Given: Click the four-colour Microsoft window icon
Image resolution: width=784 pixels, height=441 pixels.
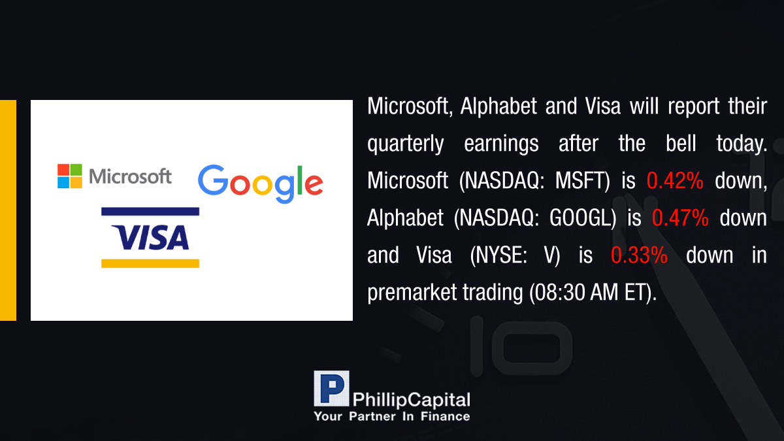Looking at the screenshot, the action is point(70,176).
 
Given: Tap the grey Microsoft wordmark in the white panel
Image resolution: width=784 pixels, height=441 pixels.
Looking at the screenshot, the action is point(130,176).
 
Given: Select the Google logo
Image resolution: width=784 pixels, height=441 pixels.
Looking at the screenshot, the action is point(261,184).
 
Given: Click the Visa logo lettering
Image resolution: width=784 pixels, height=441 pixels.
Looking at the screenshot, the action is point(150,238).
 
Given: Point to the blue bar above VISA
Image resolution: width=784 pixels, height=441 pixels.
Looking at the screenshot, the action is point(150,212).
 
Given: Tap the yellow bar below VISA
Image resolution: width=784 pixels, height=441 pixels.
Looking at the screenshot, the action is point(150,263).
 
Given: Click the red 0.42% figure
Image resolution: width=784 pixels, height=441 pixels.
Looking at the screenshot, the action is point(675,180).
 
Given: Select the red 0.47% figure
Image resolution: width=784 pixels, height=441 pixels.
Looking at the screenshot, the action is point(680,218).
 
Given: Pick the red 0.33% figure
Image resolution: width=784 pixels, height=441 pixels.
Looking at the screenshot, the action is point(639,255).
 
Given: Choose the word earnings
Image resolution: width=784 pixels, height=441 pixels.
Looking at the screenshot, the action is point(501,144).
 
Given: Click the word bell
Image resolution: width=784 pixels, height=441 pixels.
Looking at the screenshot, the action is point(681,143).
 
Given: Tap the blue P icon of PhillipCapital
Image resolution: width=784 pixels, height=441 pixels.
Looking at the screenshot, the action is point(331,389).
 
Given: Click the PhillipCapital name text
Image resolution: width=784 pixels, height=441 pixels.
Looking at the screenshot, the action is point(411,400).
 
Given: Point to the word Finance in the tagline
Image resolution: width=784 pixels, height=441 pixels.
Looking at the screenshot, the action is point(445,416).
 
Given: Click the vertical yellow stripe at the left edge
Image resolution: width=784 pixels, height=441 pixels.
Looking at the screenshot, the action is point(8,210).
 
